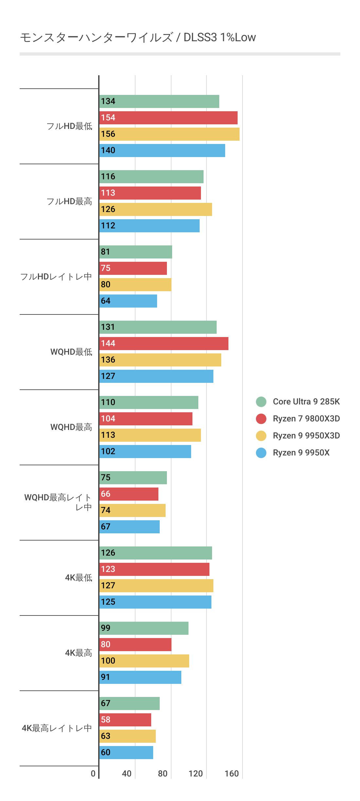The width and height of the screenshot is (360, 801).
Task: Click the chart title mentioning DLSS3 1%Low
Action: [x=138, y=38]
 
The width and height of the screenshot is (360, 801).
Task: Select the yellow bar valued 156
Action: [x=169, y=134]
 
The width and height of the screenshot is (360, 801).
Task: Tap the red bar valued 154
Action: [x=168, y=118]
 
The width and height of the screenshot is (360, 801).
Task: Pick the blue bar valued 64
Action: [x=128, y=301]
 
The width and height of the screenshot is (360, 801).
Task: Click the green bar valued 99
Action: [x=144, y=628]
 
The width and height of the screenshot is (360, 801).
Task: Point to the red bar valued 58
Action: [x=125, y=720]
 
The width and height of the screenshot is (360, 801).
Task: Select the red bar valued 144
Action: [x=164, y=344]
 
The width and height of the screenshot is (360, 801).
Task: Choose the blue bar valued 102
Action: [x=145, y=452]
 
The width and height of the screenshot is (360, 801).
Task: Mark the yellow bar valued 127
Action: [x=156, y=586]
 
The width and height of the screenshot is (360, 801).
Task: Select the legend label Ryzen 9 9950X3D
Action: [x=306, y=436]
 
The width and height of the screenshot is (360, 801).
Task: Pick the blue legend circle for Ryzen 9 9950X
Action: [x=261, y=453]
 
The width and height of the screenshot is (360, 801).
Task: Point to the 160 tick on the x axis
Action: [x=231, y=774]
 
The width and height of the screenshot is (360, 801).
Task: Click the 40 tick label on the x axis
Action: [x=127, y=774]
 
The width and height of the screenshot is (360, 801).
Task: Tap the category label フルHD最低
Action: [x=69, y=126]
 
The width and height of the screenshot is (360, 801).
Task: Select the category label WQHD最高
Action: [x=71, y=427]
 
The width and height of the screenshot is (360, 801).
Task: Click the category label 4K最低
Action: [x=79, y=578]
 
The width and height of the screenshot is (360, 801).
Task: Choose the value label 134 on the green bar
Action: [x=108, y=101]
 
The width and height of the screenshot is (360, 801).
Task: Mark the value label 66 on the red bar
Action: [x=106, y=494]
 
